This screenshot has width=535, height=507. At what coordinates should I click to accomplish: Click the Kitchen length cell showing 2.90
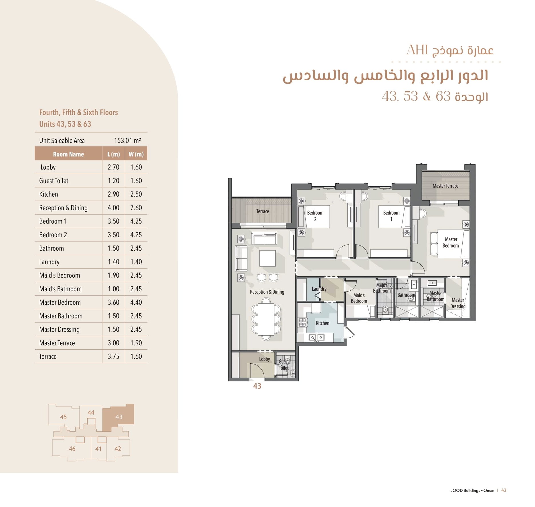(113, 194)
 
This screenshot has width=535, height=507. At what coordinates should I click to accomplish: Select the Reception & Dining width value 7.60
(136, 208)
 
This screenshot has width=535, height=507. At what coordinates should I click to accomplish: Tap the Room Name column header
(68, 154)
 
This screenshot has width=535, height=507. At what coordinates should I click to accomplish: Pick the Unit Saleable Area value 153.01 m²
(127, 140)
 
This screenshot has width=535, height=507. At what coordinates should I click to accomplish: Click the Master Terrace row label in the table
(57, 343)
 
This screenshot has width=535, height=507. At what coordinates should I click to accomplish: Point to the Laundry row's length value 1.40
(113, 262)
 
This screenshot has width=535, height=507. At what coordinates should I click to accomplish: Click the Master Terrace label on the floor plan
(445, 186)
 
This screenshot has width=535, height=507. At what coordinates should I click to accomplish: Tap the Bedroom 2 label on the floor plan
(315, 216)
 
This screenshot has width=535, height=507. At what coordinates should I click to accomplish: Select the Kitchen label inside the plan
(322, 323)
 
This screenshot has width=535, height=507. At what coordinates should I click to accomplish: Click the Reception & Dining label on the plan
(267, 292)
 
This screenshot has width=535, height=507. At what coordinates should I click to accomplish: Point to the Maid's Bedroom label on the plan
(359, 298)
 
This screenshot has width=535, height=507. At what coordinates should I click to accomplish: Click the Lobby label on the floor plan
(264, 359)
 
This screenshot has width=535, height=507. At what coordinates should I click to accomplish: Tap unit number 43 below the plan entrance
(257, 386)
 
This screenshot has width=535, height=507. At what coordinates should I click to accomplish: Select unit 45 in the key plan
(64, 417)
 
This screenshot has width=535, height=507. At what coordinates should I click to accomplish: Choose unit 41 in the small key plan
(98, 449)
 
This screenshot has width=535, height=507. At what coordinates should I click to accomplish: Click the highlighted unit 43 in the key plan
(119, 417)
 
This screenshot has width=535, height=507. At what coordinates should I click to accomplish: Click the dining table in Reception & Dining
(266, 319)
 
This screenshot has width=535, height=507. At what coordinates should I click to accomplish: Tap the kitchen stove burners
(302, 322)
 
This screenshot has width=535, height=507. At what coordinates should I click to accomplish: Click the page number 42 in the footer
(504, 490)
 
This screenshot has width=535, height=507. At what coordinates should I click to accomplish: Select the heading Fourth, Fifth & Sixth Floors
(78, 112)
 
